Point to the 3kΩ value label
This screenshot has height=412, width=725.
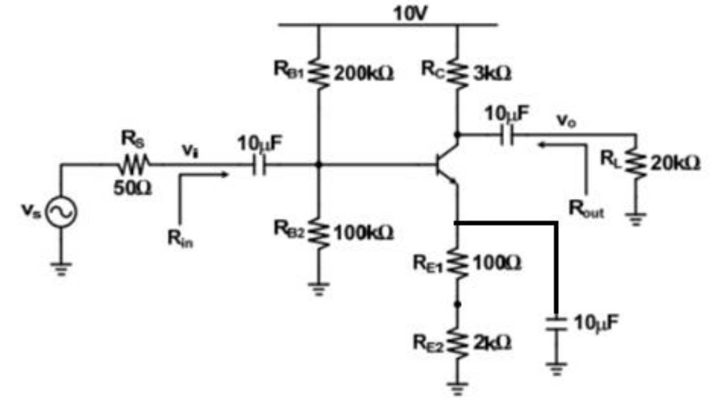491,74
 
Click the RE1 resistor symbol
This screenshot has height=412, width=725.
457,263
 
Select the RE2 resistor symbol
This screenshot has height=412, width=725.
457,343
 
